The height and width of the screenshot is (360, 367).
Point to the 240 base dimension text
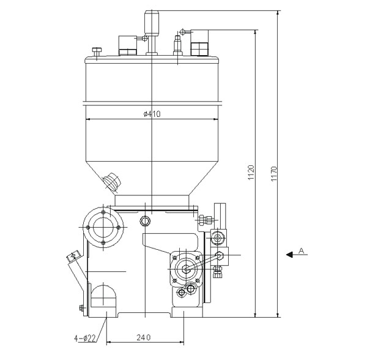click(145, 337)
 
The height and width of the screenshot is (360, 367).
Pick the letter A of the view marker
click(302, 250)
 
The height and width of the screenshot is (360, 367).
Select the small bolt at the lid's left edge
click(96, 51)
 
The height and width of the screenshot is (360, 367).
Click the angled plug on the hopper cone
click(111, 180)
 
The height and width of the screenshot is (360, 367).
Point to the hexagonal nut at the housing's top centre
click(144, 221)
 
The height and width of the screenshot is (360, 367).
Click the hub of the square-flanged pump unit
click(186, 268)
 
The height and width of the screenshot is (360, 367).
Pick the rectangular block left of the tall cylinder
click(127, 44)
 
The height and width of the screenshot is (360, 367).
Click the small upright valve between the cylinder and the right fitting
click(178, 44)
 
